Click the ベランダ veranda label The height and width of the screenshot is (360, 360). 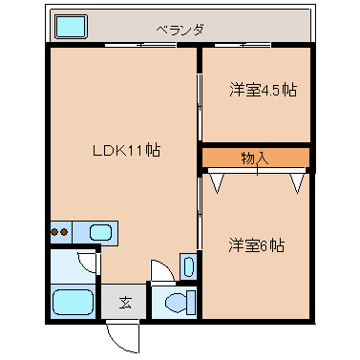click(x=180, y=31)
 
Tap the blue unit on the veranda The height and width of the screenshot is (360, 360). click(x=72, y=27)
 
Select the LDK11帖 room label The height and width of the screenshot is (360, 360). click(x=126, y=150)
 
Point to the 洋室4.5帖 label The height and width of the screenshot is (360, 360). click(x=263, y=90)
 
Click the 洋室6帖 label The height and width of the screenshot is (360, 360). click(x=256, y=245)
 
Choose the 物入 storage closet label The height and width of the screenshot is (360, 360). click(x=255, y=159)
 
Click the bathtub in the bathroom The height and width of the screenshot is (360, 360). click(x=73, y=302)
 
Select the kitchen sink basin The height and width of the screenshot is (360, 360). click(x=100, y=232)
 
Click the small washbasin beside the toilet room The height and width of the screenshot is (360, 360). click(x=189, y=266)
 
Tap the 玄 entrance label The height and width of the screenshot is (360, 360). click(x=125, y=303)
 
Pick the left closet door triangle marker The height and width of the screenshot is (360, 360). click(x=217, y=183)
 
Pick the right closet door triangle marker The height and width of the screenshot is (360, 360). click(x=297, y=183)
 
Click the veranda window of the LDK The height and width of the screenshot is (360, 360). click(x=140, y=45)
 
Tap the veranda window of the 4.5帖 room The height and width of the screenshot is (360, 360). click(x=243, y=45)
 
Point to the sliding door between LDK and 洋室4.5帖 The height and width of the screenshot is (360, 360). click(x=200, y=107)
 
